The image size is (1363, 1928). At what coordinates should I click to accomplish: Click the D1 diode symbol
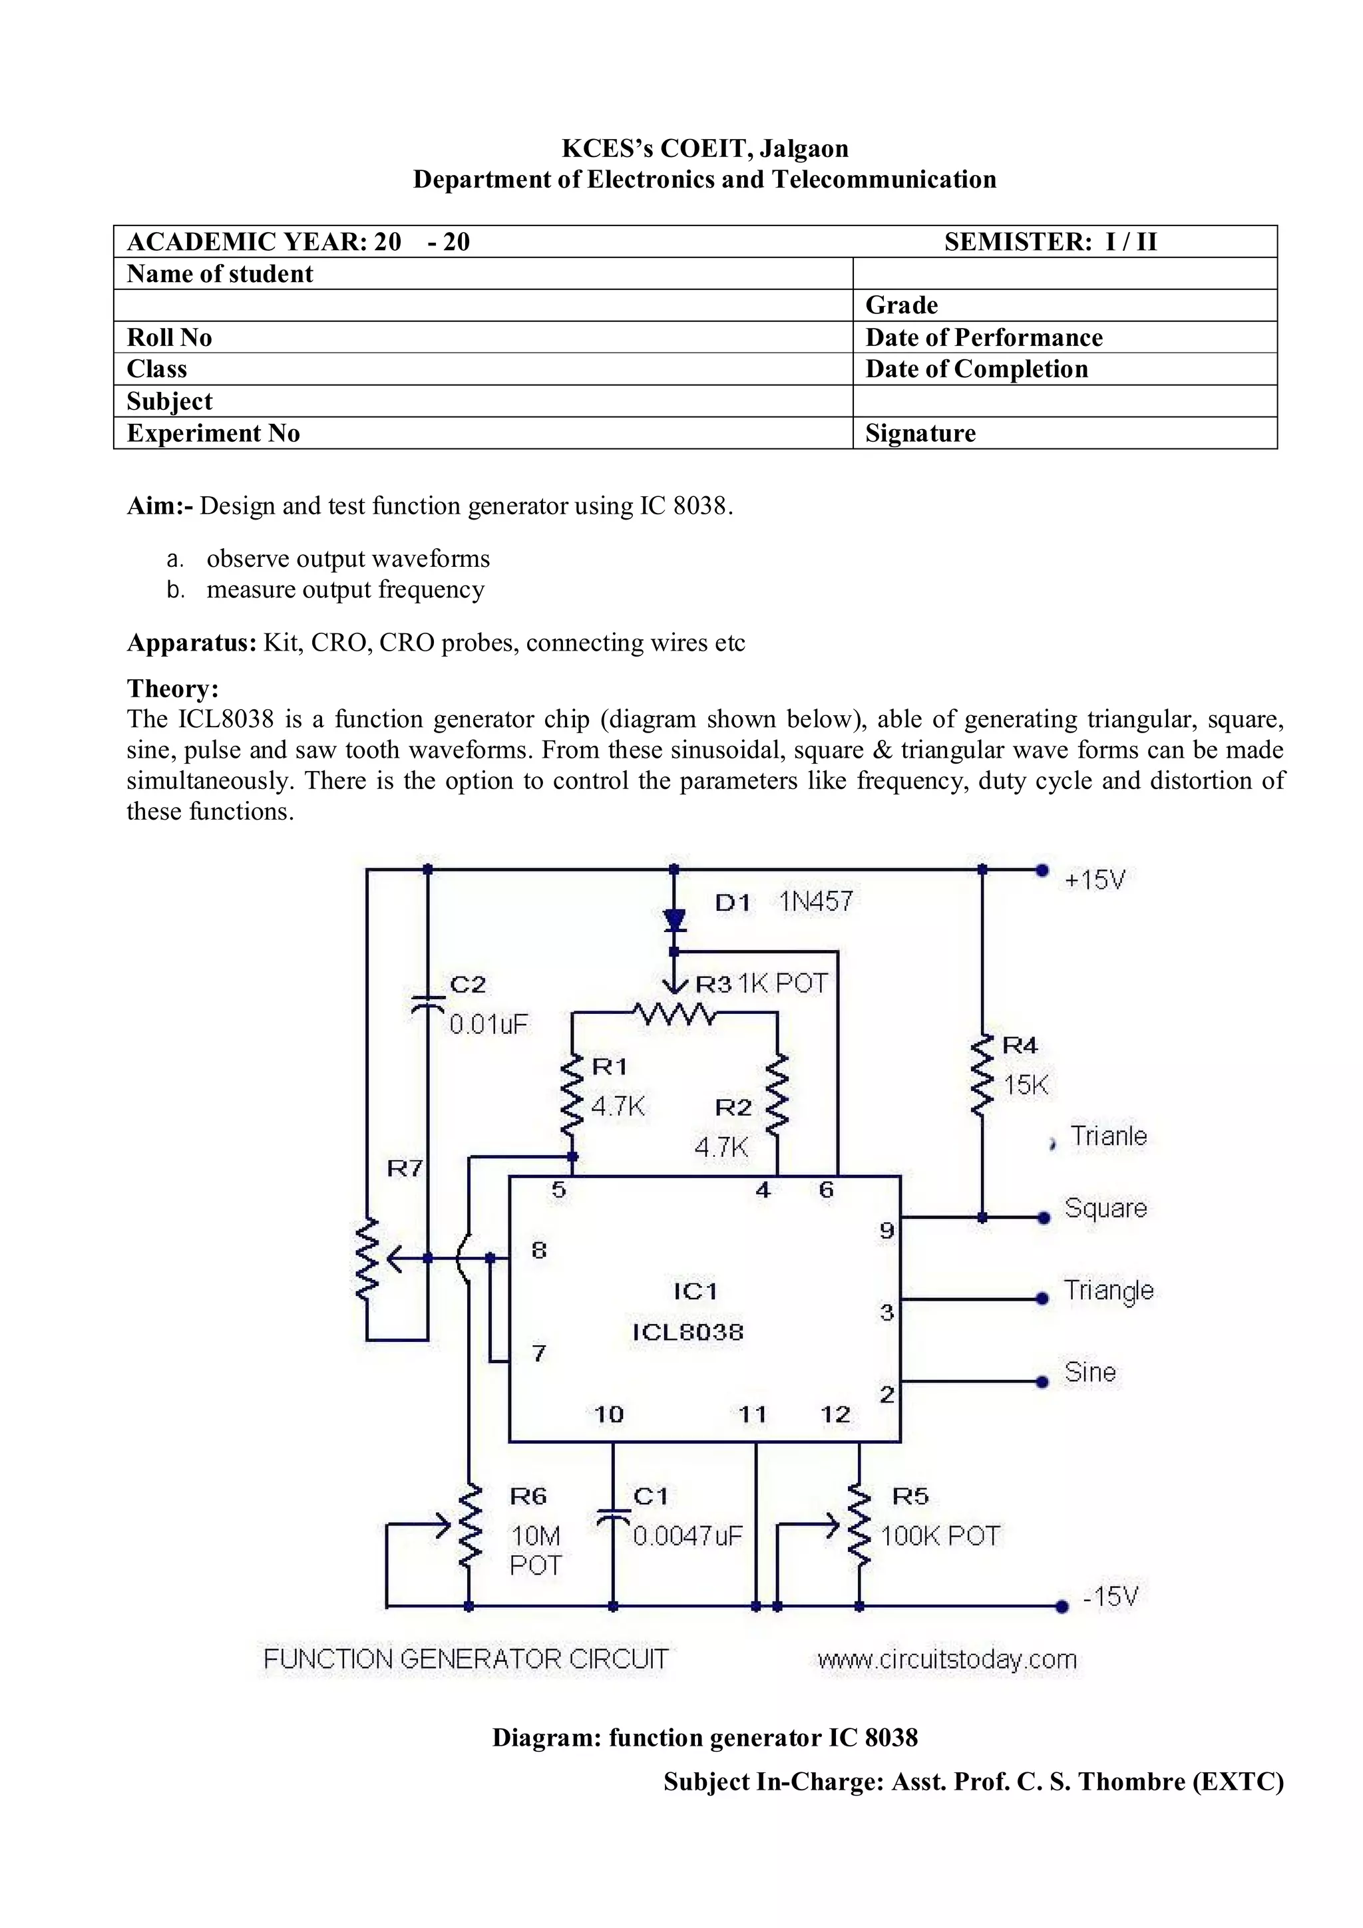674,920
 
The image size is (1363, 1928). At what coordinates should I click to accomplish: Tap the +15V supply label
1094,880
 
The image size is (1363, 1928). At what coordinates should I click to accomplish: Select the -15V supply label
1109,1595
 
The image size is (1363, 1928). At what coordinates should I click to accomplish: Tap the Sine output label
1090,1372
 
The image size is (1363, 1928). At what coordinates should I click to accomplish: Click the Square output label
1105,1208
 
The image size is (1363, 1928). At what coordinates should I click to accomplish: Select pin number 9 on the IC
887,1231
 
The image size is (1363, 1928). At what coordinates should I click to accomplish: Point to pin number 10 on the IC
609,1415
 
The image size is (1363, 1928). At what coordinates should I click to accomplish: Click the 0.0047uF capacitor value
687,1536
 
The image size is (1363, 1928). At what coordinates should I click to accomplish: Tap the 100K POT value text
940,1536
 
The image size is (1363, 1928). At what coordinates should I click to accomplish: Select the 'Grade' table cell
1064,305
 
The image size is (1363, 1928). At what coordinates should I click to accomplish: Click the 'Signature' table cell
1064,433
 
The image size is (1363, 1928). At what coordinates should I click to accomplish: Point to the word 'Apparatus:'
192,643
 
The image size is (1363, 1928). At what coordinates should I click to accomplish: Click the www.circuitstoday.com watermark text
946,1659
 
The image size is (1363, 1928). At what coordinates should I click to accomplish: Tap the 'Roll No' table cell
483,337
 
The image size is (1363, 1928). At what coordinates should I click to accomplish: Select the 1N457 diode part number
815,902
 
